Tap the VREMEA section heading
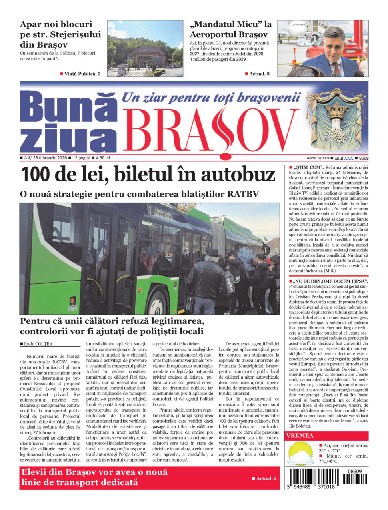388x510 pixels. tap(300, 436)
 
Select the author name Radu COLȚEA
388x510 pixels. tap(38, 344)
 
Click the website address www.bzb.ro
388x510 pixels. tap(318, 158)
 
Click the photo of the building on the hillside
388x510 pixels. tap(144, 49)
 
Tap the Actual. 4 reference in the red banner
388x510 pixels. tap(266, 478)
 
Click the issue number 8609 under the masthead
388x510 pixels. tap(364, 158)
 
